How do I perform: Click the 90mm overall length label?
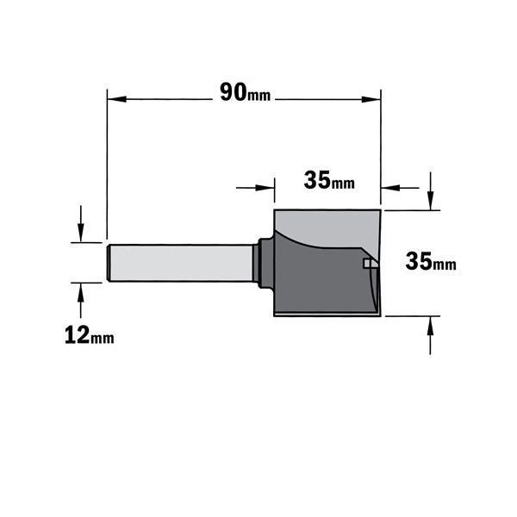pyautogui.click(x=246, y=92)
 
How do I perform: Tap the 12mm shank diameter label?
pyautogui.click(x=90, y=335)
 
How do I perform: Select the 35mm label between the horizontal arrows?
pyautogui.click(x=329, y=180)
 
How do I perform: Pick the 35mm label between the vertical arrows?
pyautogui.click(x=431, y=261)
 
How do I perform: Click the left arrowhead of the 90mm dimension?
pyautogui.click(x=116, y=99)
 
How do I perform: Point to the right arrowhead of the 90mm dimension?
pyautogui.click(x=371, y=99)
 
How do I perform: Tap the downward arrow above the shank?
pyautogui.click(x=81, y=224)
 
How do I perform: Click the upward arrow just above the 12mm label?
pyautogui.click(x=81, y=301)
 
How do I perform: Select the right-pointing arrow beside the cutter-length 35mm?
pyautogui.click(x=255, y=188)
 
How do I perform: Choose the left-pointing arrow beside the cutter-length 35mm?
pyautogui.click(x=400, y=188)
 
